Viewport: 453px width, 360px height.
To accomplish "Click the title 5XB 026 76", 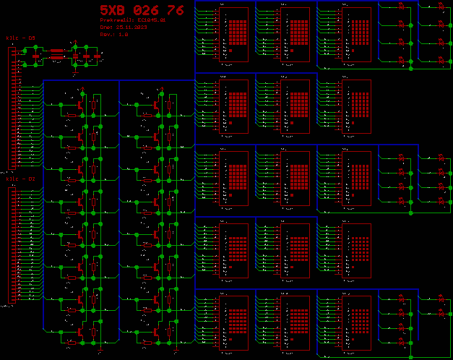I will (142, 10).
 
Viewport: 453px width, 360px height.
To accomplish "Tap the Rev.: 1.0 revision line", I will (114, 34).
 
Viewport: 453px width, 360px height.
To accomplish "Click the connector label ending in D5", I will (20, 37).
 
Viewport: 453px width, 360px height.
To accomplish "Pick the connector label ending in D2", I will (20, 178).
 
